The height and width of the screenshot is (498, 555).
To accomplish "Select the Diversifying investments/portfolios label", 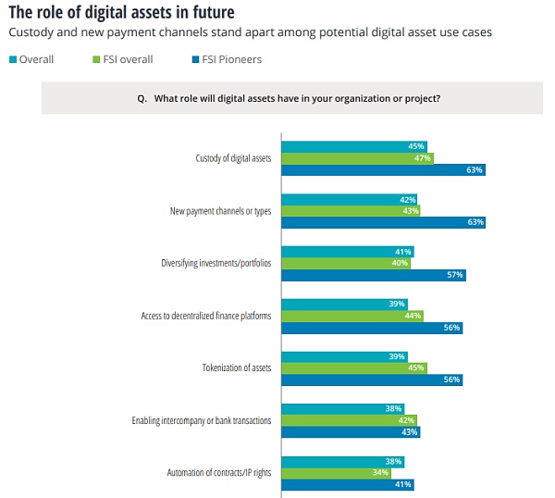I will click(216, 263).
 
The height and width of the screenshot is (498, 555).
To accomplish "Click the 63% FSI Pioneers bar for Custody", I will click(383, 170).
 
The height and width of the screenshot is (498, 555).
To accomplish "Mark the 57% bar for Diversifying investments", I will click(373, 275).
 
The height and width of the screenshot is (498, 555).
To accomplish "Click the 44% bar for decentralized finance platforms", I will click(351, 316).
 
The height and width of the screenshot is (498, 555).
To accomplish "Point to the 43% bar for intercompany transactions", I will click(350, 432).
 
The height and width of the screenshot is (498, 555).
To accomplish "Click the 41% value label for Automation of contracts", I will click(403, 484).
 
